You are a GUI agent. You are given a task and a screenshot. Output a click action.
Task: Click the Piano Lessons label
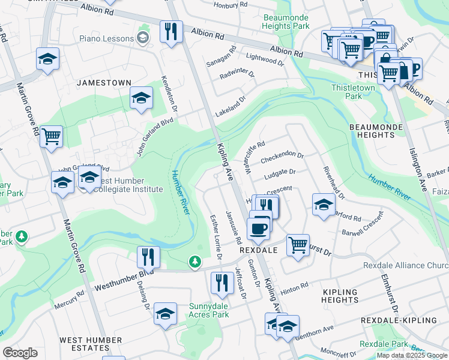point(106,39)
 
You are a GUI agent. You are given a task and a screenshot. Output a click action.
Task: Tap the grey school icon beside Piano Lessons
point(143,39)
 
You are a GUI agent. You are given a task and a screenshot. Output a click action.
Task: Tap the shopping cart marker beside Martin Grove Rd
point(52,136)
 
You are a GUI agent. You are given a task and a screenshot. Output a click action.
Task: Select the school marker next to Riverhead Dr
point(324,204)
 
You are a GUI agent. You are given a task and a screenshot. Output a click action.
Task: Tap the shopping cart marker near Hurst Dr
point(298,244)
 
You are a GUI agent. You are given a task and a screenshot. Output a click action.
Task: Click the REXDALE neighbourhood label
point(258,250)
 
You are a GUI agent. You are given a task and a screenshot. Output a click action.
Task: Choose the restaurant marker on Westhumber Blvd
point(148,257)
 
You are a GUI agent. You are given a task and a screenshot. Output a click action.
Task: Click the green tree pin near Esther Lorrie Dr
point(194,262)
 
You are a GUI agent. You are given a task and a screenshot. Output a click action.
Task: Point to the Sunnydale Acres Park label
point(209,310)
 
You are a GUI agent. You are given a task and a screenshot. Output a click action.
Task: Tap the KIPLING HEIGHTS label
point(340,296)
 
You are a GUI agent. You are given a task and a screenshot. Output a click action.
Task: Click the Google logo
point(20,353)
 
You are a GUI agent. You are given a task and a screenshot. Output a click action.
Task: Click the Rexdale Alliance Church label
point(405,266)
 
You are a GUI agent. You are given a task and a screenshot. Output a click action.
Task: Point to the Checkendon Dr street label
point(282,154)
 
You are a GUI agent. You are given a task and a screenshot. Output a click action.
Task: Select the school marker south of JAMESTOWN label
point(140,98)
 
